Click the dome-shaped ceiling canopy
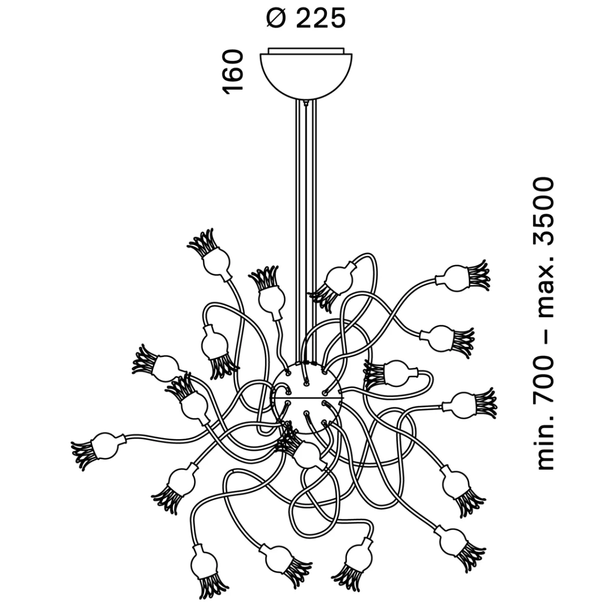tap(305, 74)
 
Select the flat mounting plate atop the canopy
tap(305, 50)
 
